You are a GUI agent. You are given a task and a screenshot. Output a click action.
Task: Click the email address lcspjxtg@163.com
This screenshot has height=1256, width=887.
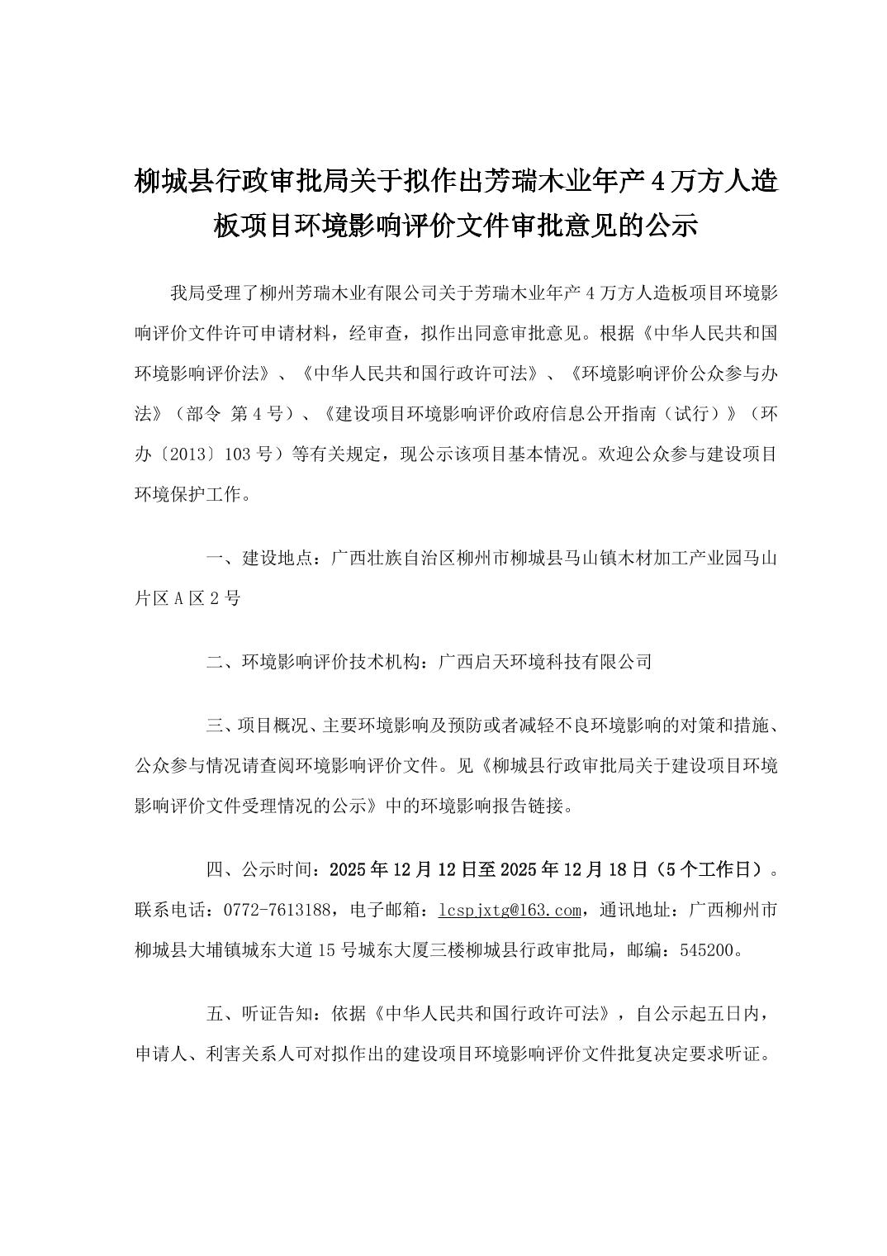510,910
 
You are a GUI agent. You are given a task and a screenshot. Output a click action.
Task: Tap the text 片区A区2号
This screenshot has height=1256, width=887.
187,598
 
